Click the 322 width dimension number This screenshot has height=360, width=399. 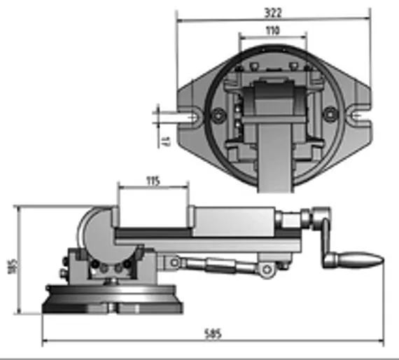point(273,13)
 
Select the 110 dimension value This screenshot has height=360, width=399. point(272,30)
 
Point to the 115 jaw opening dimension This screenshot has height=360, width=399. point(153,181)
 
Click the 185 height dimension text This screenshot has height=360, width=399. point(10,266)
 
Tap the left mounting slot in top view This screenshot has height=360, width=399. point(190,116)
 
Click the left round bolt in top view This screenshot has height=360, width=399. point(219,115)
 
